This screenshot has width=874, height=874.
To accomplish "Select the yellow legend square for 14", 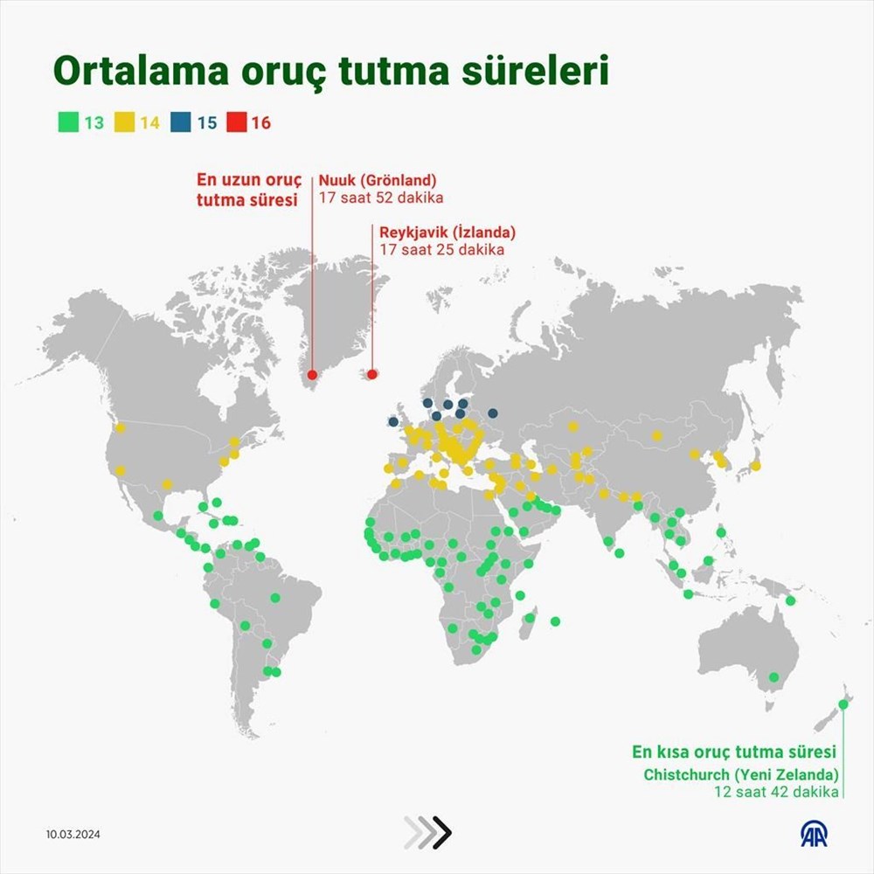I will (121, 122).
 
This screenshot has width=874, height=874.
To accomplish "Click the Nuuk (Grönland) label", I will (378, 180).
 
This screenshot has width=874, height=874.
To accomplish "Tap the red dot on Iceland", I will (371, 375).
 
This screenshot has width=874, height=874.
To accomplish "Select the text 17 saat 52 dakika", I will (380, 198).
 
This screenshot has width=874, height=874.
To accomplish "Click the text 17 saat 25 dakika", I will (441, 250).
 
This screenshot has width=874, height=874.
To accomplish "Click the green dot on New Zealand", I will (843, 704).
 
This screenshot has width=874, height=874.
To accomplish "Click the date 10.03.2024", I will (74, 834).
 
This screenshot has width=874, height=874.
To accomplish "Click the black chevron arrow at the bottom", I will (442, 833).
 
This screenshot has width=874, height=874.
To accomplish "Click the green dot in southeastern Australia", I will (773, 677).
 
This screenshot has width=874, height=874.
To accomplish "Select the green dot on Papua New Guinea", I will (791, 600).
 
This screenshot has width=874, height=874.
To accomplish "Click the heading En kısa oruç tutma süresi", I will (735, 752).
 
